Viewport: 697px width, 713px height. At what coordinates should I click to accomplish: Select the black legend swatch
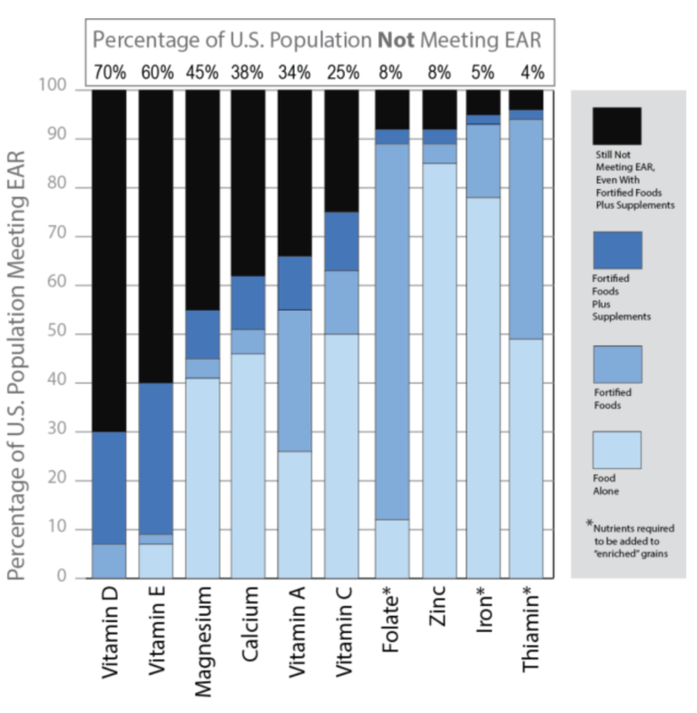(616, 126)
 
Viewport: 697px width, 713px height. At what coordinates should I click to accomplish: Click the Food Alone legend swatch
(616, 450)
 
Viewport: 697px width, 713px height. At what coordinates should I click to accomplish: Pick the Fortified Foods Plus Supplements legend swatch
(616, 250)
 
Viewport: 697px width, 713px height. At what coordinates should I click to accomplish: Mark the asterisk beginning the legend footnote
(589, 524)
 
